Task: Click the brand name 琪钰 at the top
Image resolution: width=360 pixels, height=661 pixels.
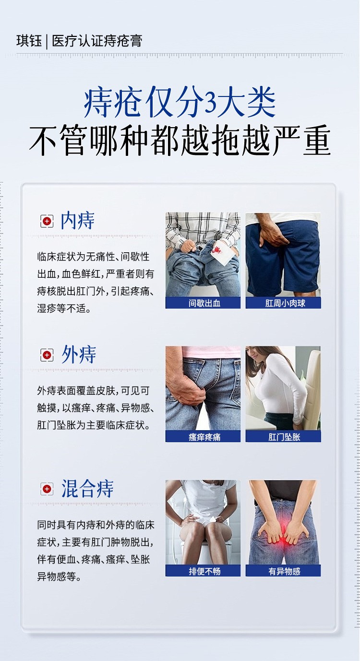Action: [x=29, y=41]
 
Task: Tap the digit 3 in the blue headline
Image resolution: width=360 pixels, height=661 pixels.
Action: [x=211, y=102]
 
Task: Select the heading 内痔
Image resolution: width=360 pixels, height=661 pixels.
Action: [x=77, y=221]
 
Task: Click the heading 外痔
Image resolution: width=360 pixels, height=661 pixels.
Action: [x=79, y=354]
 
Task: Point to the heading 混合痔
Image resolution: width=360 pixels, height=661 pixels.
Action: [x=87, y=489]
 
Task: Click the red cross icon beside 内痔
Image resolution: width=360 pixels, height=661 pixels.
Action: [x=47, y=221]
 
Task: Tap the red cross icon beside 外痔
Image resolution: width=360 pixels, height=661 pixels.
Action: [x=47, y=355]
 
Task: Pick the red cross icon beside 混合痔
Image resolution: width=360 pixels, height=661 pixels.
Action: [x=47, y=489]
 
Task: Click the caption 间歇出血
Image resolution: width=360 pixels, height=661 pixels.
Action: [x=204, y=303]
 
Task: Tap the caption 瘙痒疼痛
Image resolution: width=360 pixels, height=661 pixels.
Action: [x=204, y=437]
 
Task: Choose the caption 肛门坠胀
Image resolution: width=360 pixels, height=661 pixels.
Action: [x=284, y=437]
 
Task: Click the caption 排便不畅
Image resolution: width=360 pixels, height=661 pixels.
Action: [x=204, y=571]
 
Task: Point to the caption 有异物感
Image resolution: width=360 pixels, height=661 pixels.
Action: [x=284, y=571]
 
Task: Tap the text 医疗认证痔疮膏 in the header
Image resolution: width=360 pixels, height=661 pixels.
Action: [x=97, y=41]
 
